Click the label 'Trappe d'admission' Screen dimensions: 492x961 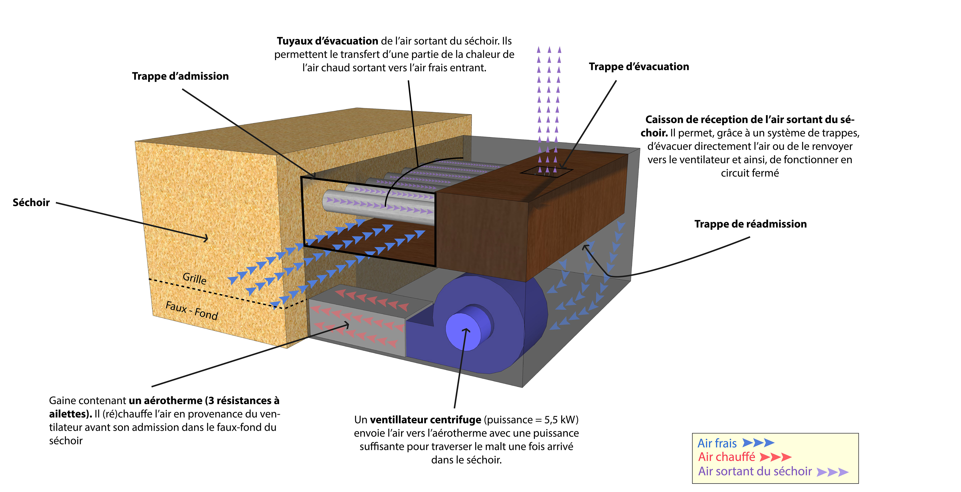[x=180, y=76]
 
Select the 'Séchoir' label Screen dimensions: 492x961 [x=31, y=202]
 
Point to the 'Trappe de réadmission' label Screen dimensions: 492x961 [x=750, y=224]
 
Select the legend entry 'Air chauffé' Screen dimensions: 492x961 [x=726, y=457]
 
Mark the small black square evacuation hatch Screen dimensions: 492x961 [x=547, y=171]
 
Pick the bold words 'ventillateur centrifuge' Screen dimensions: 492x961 [x=425, y=420]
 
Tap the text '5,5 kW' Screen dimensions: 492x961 [x=559, y=420]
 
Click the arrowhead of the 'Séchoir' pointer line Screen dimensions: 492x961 [x=206, y=238]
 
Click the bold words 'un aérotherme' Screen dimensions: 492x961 [x=165, y=400]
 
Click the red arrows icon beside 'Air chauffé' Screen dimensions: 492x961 [x=775, y=457]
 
